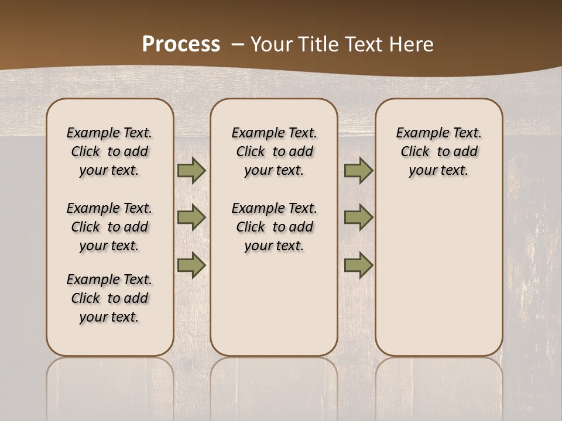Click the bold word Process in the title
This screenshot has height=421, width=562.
click(x=181, y=44)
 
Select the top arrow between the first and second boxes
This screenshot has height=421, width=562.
click(x=191, y=171)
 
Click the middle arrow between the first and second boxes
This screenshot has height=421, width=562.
click(x=191, y=218)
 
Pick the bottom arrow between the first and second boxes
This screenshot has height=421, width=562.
click(x=191, y=265)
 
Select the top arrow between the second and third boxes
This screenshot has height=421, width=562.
click(x=358, y=171)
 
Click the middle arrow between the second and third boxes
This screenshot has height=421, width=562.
click(x=358, y=218)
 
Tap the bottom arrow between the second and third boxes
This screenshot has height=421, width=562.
click(x=358, y=265)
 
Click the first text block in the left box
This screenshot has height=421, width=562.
click(x=109, y=151)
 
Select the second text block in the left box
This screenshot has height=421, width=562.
click(x=109, y=227)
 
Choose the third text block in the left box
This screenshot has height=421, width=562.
click(x=109, y=298)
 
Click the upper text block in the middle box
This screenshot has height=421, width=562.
click(x=275, y=151)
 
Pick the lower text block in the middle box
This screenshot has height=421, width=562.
click(x=275, y=227)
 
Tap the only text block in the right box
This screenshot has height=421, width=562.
click(x=439, y=151)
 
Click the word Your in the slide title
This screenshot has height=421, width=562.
click(x=272, y=44)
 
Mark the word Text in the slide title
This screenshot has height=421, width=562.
click(x=365, y=44)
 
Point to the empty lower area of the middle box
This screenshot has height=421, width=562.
click(x=275, y=304)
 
